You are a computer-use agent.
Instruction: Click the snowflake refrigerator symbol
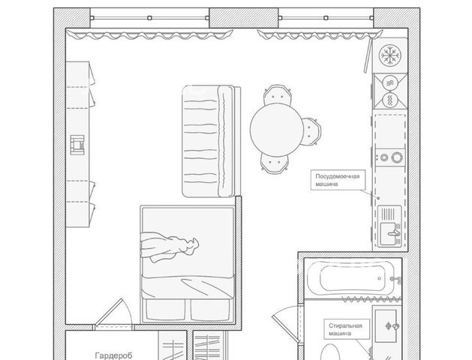(x=389, y=55)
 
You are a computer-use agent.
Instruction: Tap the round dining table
(x=277, y=130)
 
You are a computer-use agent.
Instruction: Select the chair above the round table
(x=277, y=94)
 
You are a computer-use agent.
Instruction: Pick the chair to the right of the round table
(x=311, y=131)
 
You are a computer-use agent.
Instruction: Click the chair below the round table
(x=275, y=163)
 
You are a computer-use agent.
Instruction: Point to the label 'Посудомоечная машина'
(x=338, y=180)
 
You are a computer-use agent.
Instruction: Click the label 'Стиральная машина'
(x=345, y=329)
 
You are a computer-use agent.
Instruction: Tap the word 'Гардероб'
(x=113, y=355)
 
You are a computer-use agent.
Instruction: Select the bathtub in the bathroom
(x=353, y=278)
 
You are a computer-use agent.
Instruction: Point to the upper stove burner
(x=390, y=82)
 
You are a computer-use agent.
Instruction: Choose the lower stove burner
(x=390, y=100)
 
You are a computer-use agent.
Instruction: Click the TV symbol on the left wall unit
(x=77, y=145)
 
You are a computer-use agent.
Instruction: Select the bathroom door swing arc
(x=287, y=308)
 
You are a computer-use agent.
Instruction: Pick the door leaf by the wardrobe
(x=108, y=312)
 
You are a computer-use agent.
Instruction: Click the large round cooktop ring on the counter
(x=397, y=157)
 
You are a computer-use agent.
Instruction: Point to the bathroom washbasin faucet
(x=392, y=326)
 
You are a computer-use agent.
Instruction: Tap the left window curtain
(x=149, y=34)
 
